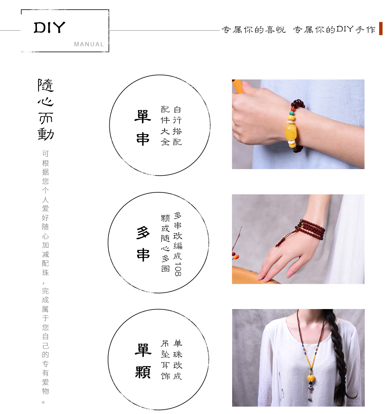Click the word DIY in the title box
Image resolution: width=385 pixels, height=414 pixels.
click(x=49, y=28)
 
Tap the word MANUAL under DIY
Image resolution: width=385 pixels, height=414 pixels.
click(x=89, y=44)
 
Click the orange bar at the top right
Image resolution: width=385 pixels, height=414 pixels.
click(x=380, y=28)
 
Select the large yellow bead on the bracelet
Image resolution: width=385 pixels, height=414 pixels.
click(x=290, y=132)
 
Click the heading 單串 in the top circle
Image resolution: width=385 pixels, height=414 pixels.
click(x=143, y=128)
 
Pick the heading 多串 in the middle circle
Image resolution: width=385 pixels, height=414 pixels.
click(x=143, y=243)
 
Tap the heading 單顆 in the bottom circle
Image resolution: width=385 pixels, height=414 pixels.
click(x=143, y=361)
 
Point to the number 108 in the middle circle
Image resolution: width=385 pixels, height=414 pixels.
click(x=178, y=269)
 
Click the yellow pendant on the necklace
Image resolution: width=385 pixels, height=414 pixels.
click(x=311, y=377)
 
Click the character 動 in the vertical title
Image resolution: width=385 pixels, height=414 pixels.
click(x=45, y=134)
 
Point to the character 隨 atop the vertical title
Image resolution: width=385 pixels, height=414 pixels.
click(x=45, y=85)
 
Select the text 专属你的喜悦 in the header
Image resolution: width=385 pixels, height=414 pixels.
click(x=254, y=30)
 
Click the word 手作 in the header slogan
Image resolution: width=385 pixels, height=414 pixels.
click(x=366, y=30)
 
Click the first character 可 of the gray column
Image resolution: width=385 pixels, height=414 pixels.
click(x=45, y=154)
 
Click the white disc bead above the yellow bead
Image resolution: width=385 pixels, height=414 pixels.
click(x=290, y=122)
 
